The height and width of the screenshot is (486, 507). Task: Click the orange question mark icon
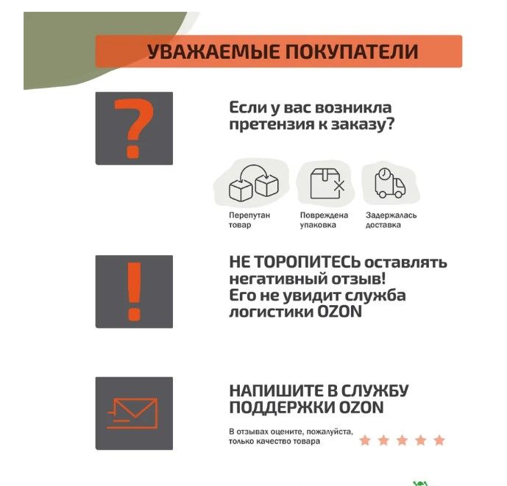point(133,129)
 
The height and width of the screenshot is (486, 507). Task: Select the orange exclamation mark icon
point(134,291)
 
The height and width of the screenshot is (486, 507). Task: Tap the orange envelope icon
point(132,414)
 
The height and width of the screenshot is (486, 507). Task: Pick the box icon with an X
point(327,184)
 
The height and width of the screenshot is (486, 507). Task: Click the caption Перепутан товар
point(249,220)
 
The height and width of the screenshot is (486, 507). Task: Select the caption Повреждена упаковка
point(324,220)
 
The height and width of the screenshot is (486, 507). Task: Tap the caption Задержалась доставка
point(391,220)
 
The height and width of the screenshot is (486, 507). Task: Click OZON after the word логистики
point(339,312)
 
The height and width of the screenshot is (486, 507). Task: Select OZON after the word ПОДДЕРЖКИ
point(361,407)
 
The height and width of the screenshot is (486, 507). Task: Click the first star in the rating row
point(365,440)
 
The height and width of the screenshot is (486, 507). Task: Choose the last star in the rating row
point(439,440)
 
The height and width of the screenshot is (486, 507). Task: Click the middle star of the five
point(403,440)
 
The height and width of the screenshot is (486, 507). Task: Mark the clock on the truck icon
point(384,174)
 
